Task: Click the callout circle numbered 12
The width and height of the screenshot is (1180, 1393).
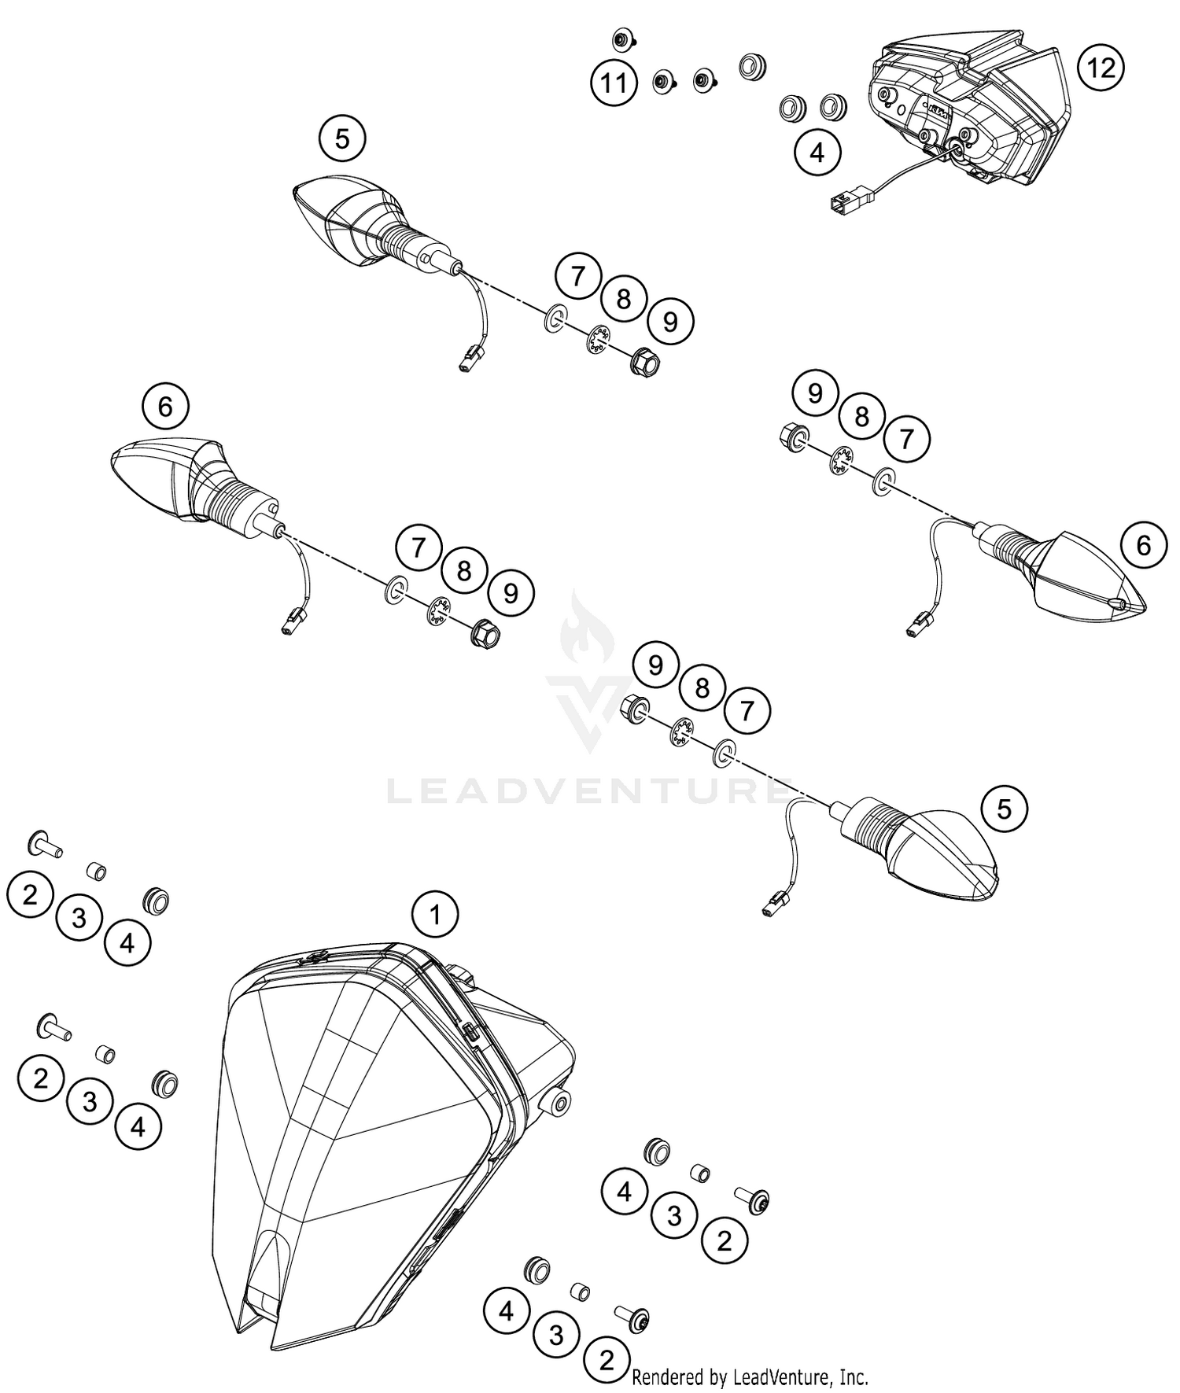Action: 1101,68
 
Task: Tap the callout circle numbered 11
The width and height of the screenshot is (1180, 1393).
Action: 614,82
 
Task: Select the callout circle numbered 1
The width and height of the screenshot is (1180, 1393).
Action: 434,914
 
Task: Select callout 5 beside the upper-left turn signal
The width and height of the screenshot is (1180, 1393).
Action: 341,139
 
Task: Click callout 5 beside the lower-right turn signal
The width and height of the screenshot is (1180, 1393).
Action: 1004,809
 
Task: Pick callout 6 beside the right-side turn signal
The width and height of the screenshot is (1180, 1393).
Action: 1144,545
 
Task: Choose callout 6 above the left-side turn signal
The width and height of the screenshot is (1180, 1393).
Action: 165,407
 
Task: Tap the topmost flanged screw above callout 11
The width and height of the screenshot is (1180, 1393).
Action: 622,39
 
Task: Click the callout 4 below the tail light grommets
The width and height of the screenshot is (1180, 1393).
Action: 817,152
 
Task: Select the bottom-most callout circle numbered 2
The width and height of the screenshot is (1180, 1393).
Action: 606,1360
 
